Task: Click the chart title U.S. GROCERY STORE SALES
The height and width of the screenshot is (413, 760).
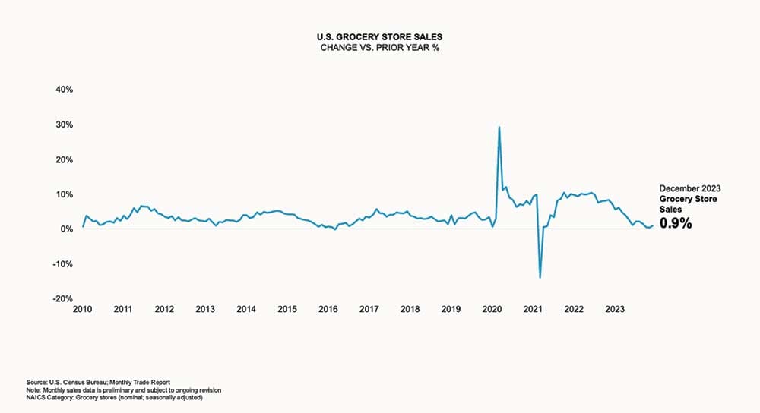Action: [x=380, y=36]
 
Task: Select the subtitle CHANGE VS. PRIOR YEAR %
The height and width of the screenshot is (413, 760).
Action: [x=380, y=47]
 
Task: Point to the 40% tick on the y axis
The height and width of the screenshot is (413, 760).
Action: [x=62, y=90]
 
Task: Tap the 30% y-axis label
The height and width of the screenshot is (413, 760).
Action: [x=62, y=125]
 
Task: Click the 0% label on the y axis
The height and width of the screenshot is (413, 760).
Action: [x=65, y=229]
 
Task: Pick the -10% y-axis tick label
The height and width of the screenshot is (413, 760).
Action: [x=61, y=264]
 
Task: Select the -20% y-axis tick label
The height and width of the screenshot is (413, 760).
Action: [x=61, y=299]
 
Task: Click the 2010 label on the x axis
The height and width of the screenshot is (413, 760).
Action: [x=82, y=309]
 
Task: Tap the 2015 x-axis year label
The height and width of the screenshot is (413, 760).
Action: [x=287, y=309]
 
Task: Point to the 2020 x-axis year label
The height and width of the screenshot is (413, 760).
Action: [x=492, y=309]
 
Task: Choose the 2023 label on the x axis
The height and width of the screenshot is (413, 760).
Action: [x=614, y=309]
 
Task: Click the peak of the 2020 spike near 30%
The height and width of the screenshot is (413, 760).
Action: [x=499, y=127]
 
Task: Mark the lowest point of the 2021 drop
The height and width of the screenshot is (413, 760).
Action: [x=540, y=277]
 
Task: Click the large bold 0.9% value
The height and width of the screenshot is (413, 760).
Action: [x=675, y=223]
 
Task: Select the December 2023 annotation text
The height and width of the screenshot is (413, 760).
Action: [x=689, y=188]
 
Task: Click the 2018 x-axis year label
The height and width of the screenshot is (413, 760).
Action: [x=410, y=309]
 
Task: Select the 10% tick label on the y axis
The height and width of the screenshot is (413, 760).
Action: [x=62, y=194]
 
